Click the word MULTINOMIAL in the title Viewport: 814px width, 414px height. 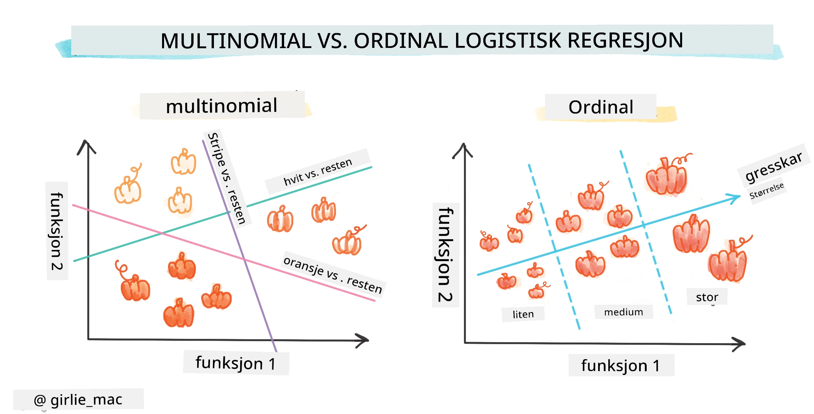click(236, 41)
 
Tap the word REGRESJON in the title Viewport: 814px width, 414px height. click(625, 41)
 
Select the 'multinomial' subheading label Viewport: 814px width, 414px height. click(222, 106)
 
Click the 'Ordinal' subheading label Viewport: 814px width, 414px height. click(601, 107)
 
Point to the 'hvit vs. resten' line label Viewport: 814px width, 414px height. click(318, 172)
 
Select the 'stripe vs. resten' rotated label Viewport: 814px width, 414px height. click(226, 178)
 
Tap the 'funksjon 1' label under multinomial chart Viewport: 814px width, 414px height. click(236, 363)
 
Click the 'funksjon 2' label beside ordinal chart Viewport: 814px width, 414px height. click(446, 255)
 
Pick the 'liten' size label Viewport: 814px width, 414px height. click(523, 314)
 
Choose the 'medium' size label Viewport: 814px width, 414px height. click(623, 312)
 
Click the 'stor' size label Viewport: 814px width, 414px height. click(707, 297)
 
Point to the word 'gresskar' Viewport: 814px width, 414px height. click(774, 167)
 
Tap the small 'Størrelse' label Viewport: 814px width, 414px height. click(766, 191)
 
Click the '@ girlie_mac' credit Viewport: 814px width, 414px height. click(78, 400)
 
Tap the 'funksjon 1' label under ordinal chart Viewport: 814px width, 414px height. click(620, 365)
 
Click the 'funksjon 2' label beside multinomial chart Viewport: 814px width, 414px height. click(57, 231)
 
